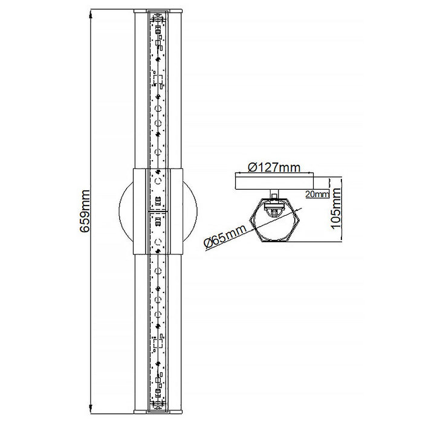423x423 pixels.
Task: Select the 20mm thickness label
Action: [317, 194]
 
